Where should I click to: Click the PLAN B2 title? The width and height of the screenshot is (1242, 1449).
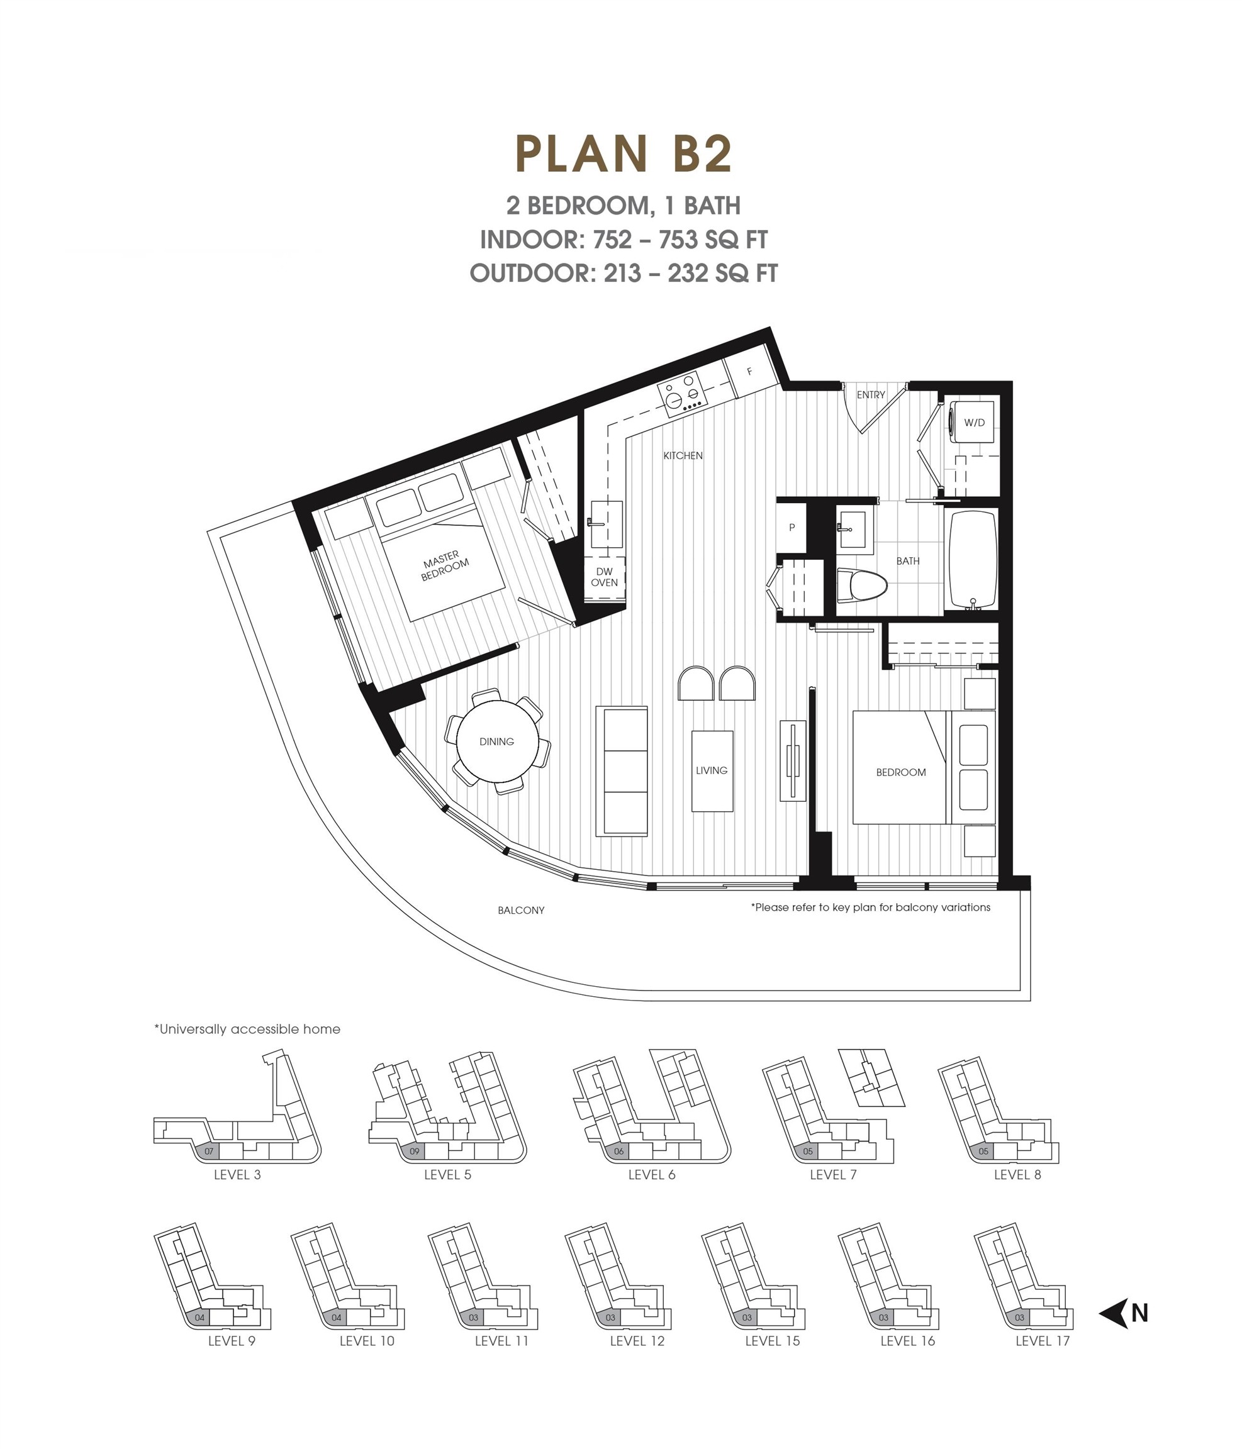[624, 154]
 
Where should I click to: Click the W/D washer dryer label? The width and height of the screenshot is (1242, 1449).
[974, 423]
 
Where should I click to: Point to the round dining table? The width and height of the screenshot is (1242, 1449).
[497, 741]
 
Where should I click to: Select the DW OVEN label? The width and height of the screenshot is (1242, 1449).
[604, 577]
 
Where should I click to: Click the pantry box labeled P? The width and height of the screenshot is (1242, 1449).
[792, 527]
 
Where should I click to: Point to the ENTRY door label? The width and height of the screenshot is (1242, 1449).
[870, 395]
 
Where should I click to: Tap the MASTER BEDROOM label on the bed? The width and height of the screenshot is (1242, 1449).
[444, 565]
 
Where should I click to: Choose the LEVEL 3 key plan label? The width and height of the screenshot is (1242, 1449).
[237, 1175]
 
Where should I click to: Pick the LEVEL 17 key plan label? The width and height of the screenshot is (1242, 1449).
[1043, 1341]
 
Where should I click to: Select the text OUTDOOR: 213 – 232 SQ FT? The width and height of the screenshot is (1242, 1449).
[624, 273]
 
